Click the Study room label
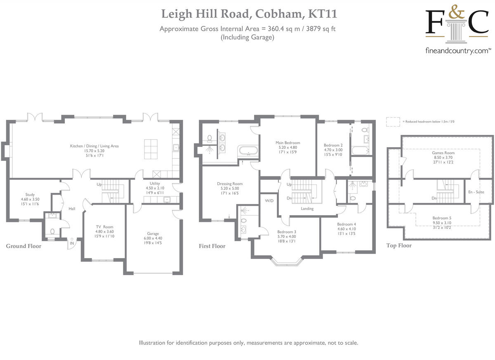click(30, 195)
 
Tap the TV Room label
click(104, 227)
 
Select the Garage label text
click(153, 233)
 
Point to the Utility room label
click(155, 184)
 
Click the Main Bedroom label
click(288, 143)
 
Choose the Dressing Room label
click(230, 184)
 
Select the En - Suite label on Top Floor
click(476, 192)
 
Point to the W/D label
click(269, 201)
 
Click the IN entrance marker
click(72, 244)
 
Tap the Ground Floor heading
click(24, 246)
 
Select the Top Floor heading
click(399, 245)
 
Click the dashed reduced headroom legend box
click(393, 122)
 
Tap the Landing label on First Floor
click(307, 209)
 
